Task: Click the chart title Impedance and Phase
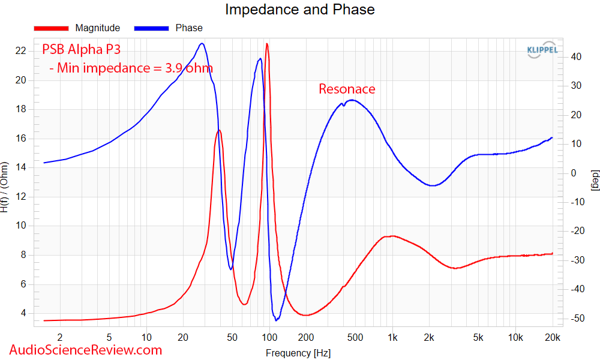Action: click(x=299, y=9)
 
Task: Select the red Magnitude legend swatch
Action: click(x=51, y=28)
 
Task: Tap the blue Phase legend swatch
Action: click(x=151, y=28)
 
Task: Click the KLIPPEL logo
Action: click(x=542, y=50)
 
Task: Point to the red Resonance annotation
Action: click(x=347, y=89)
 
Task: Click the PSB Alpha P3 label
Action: click(x=81, y=49)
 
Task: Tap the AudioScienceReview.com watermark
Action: click(x=86, y=350)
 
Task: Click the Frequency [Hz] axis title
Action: click(x=298, y=353)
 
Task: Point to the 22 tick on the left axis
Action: click(x=20, y=51)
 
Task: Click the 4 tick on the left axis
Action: click(x=23, y=313)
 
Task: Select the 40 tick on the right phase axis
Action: click(x=576, y=56)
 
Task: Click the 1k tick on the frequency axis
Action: click(x=392, y=337)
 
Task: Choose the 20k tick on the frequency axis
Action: click(x=553, y=337)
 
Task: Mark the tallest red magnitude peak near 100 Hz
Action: click(x=267, y=44)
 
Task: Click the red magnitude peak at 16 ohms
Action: click(x=219, y=130)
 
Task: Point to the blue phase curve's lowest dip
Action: click(x=276, y=320)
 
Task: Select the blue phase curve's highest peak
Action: click(x=202, y=44)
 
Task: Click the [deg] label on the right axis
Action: click(x=594, y=180)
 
